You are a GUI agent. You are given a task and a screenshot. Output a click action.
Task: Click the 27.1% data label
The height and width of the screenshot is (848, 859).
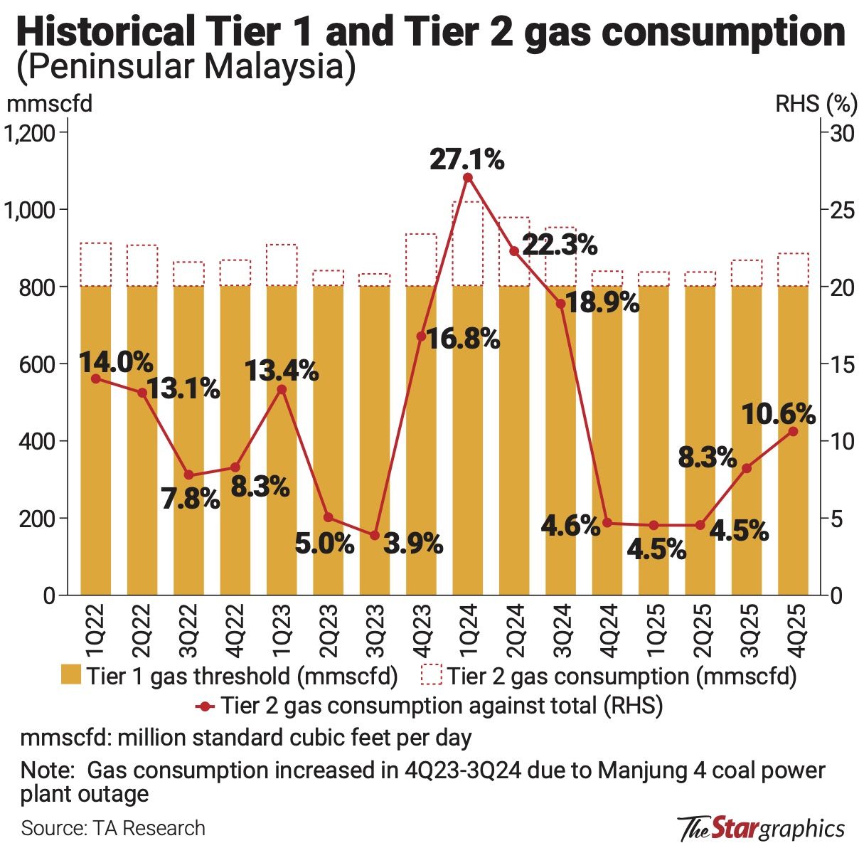pyautogui.click(x=466, y=159)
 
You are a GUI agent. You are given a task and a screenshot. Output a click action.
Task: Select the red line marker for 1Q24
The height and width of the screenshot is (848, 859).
pyautogui.click(x=468, y=177)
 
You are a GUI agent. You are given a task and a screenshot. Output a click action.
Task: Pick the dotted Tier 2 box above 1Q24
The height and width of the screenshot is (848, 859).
pyautogui.click(x=468, y=243)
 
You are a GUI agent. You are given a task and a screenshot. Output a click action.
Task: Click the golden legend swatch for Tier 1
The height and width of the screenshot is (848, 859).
pyautogui.click(x=71, y=674)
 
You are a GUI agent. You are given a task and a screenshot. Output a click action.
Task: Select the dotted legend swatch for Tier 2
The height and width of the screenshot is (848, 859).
pyautogui.click(x=431, y=674)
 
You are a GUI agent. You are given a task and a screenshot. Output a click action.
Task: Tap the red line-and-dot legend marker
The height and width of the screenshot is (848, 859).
pyautogui.click(x=205, y=706)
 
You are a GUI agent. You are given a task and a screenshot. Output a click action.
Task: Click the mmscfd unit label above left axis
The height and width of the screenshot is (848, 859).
pyautogui.click(x=50, y=104)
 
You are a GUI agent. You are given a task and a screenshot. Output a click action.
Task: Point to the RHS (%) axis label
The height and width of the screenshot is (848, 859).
pyautogui.click(x=815, y=104)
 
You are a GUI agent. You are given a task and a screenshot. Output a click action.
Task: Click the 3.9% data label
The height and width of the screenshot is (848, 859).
pyautogui.click(x=413, y=544)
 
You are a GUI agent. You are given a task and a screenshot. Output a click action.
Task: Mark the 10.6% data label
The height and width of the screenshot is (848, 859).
pyautogui.click(x=778, y=413)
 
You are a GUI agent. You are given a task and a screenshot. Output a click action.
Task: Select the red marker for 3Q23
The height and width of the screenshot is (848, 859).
pyautogui.click(x=375, y=535)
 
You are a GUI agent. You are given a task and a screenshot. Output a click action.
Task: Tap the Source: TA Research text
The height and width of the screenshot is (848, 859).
pyautogui.click(x=113, y=828)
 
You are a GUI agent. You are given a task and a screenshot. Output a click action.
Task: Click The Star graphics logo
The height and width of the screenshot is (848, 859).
pyautogui.click(x=762, y=828)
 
